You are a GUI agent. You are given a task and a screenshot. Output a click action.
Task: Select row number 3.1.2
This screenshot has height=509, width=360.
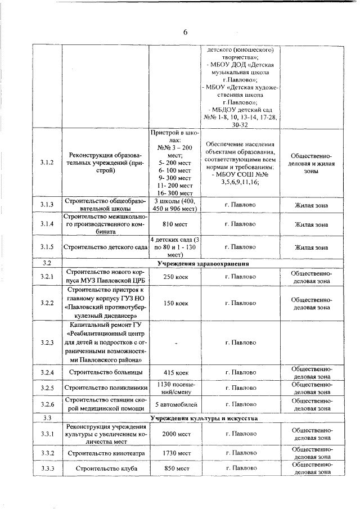coord(47,163)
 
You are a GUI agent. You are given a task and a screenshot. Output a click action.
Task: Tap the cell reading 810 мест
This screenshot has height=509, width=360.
coord(175,224)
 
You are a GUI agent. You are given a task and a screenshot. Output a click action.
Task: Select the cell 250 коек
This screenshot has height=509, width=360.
coord(175,277)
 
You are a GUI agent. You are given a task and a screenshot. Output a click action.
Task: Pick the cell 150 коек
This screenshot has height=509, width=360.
coord(175,303)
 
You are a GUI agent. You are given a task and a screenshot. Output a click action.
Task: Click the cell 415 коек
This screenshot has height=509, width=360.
coord(175,372)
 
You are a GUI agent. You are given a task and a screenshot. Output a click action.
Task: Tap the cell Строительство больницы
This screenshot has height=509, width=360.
coord(105,372)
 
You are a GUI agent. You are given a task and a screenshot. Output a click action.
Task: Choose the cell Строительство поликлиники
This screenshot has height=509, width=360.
coord(105,388)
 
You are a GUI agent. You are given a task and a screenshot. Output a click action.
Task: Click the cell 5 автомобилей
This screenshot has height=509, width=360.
coord(175,404)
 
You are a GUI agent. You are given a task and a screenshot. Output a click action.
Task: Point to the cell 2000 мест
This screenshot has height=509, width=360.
coord(175,434)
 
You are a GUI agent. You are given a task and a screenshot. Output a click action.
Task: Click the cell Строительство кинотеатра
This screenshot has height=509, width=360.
coord(105,452)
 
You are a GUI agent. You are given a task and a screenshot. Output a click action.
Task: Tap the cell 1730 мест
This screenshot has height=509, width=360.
coord(175,452)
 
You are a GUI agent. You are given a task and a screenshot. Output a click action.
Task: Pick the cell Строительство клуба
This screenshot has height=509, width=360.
coord(105,469)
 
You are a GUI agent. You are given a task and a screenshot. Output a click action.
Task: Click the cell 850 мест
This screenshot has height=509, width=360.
coord(175,469)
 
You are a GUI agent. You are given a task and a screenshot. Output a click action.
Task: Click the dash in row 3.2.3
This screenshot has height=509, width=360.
coord(175,342)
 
